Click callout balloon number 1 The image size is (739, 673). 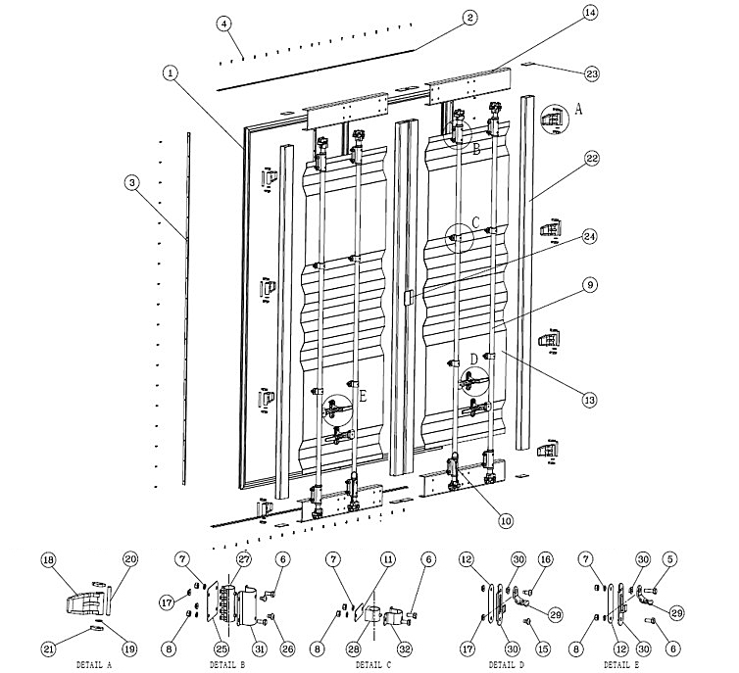pos(170,72)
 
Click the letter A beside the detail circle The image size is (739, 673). pos(577,111)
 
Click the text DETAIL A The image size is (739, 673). pos(94,663)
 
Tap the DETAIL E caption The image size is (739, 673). pos(622,663)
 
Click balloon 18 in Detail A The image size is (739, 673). pos(47,559)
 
